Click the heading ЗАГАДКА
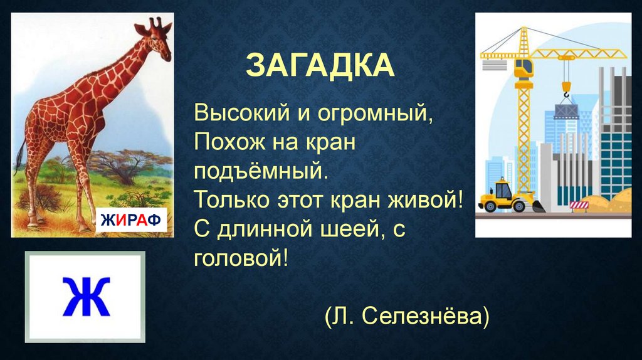point(320,65)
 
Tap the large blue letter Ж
point(85,297)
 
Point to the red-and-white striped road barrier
point(579,204)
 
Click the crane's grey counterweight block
point(495,65)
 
